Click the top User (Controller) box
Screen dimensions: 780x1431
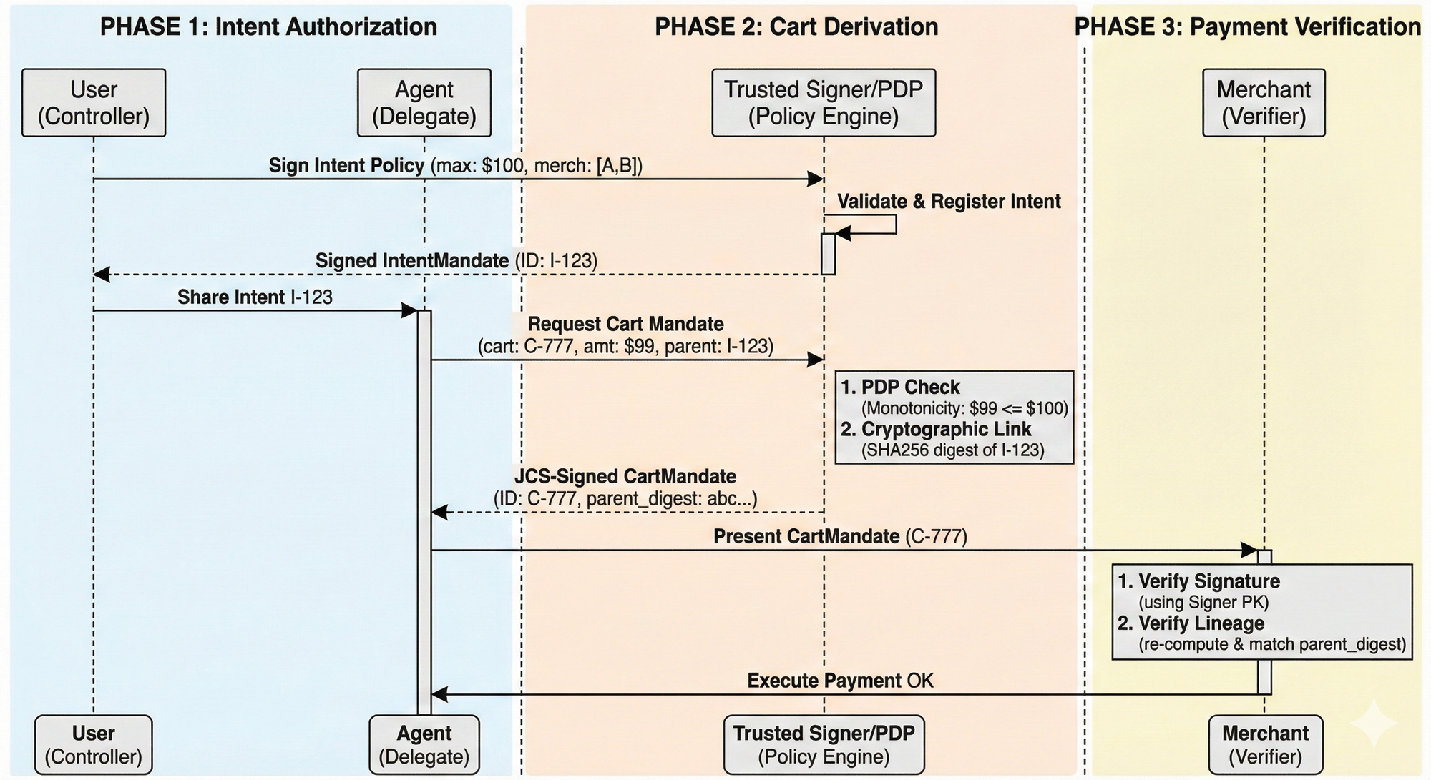[x=94, y=103]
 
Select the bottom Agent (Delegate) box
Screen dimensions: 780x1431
[x=424, y=744]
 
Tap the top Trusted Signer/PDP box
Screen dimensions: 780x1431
[x=824, y=103]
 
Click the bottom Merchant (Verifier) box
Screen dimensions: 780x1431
[x=1265, y=744]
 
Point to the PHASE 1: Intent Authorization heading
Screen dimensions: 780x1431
[x=268, y=27]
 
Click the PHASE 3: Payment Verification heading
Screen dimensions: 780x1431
[x=1248, y=27]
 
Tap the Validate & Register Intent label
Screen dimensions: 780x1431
[x=949, y=202]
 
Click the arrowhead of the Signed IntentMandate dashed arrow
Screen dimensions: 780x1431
[x=101, y=274]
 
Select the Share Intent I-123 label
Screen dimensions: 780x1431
[x=255, y=297]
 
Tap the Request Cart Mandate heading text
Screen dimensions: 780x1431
[x=625, y=325]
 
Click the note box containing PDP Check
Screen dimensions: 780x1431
[x=954, y=418]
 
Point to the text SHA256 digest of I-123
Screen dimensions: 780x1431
[x=953, y=450]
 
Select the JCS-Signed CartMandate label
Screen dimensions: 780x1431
[x=625, y=477]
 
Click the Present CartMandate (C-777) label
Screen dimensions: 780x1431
[x=840, y=537]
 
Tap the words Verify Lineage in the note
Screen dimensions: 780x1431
[x=1201, y=623]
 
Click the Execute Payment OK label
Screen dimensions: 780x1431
[x=840, y=681]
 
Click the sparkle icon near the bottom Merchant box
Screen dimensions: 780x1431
[x=1374, y=724]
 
